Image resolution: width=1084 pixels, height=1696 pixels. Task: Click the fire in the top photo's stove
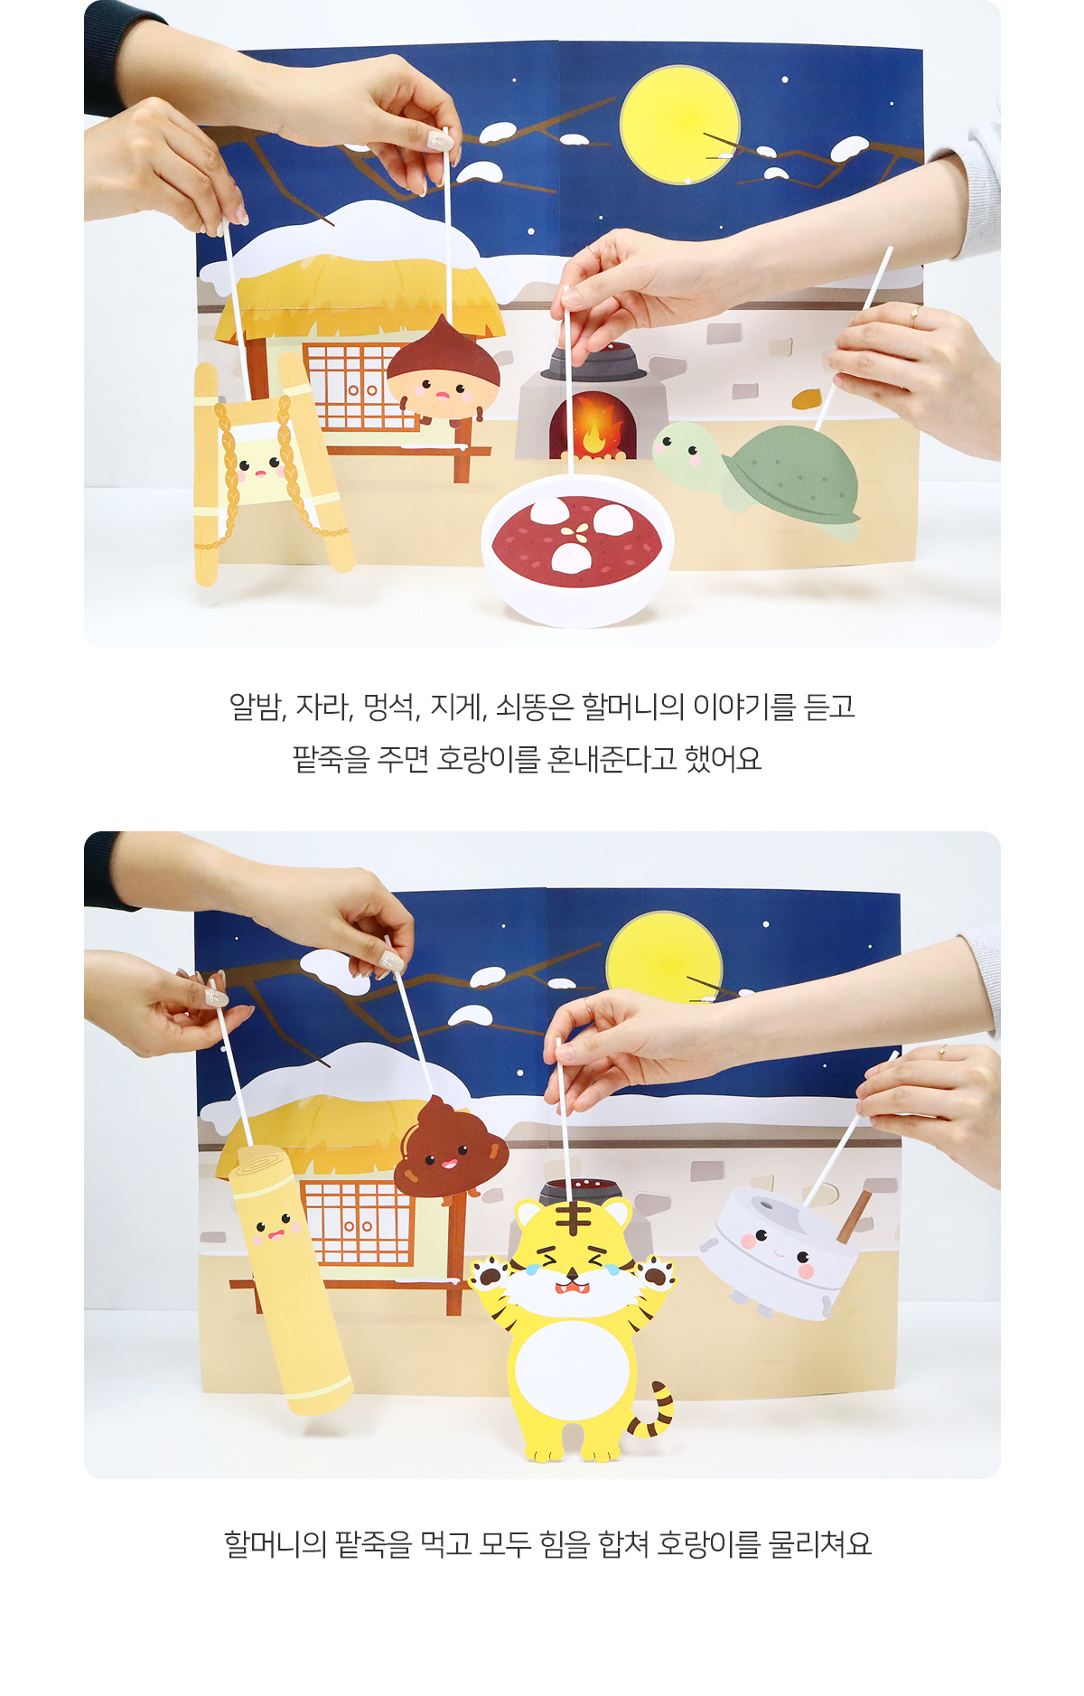593,429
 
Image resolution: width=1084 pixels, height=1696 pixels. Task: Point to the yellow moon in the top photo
679,124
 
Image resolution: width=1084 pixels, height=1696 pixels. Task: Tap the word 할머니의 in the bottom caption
275,1544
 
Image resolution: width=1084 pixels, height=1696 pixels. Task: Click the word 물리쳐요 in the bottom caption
819,1544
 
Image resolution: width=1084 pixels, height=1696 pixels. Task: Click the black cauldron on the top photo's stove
593,361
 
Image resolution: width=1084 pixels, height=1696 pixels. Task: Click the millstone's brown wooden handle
854,1216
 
